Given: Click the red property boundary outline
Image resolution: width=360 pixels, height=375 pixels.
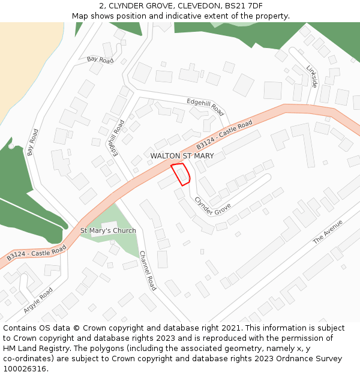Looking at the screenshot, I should (181, 173).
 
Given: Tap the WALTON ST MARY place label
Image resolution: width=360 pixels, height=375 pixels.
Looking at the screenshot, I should (182, 156).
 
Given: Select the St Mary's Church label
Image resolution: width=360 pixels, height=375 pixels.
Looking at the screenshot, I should (108, 230).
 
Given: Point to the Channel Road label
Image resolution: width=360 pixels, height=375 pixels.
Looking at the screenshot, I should (147, 271).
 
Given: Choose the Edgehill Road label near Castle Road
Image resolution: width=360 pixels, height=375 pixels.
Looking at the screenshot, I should (205, 107).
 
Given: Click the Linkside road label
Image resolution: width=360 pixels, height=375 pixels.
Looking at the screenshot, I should (311, 76).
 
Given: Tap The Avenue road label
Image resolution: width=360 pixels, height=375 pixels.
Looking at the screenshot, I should (327, 231).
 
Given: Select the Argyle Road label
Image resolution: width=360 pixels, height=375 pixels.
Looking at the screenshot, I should (38, 300).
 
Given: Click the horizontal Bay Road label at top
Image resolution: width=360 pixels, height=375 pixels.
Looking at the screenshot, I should (100, 59).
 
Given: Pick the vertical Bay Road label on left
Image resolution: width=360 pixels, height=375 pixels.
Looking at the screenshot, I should (33, 142).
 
